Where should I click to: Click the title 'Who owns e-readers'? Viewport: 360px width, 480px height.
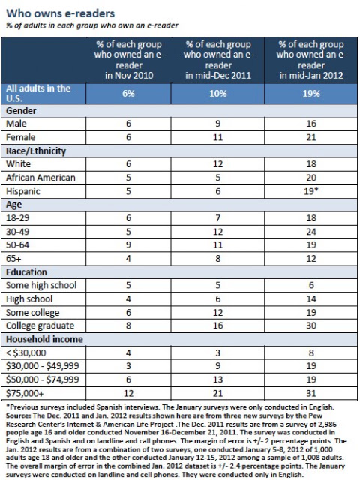pyautogui.click(x=61, y=13)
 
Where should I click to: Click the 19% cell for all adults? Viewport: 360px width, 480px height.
pyautogui.click(x=311, y=93)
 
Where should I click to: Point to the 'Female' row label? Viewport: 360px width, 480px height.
pyautogui.click(x=20, y=137)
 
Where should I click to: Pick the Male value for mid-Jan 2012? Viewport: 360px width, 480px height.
pyautogui.click(x=311, y=124)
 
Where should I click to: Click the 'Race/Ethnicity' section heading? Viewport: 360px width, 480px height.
pyautogui.click(x=36, y=151)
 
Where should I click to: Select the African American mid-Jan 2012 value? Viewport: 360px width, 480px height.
pyautogui.click(x=311, y=178)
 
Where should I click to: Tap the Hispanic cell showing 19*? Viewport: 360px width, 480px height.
pyautogui.click(x=312, y=191)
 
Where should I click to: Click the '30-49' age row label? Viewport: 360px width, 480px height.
pyautogui.click(x=17, y=232)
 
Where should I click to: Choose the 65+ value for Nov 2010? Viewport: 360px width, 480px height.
pyautogui.click(x=128, y=259)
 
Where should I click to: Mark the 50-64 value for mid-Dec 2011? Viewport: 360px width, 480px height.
pyautogui.click(x=218, y=245)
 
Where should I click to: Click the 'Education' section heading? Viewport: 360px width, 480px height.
pyautogui.click(x=27, y=272)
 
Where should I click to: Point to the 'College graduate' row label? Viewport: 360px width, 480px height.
pyautogui.click(x=40, y=325)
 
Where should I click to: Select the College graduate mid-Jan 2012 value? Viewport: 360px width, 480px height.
pyautogui.click(x=311, y=325)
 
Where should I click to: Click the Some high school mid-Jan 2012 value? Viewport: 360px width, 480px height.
pyautogui.click(x=311, y=285)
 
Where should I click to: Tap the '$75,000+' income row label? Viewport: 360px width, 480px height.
pyautogui.click(x=25, y=393)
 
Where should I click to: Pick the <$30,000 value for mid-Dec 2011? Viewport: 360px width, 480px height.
pyautogui.click(x=218, y=353)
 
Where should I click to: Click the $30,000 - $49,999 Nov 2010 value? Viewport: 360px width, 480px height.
pyautogui.click(x=128, y=366)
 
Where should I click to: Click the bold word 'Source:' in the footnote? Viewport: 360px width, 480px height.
pyautogui.click(x=18, y=415)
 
